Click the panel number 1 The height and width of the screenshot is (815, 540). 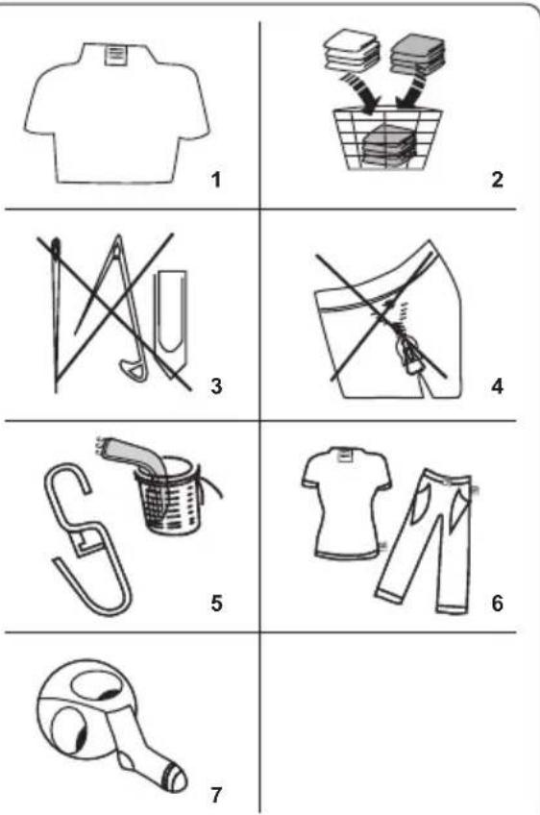pyautogui.click(x=215, y=180)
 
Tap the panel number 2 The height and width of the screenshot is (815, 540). pyautogui.click(x=497, y=180)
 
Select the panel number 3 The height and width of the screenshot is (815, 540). pyautogui.click(x=215, y=386)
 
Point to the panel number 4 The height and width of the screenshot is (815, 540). pyautogui.click(x=498, y=386)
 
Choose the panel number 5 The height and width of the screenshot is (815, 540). pyautogui.click(x=216, y=603)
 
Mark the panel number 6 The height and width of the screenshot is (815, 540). pyautogui.click(x=498, y=603)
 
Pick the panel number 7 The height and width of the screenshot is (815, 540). pyautogui.click(x=216, y=794)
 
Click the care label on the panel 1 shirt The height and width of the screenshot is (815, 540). pyautogui.click(x=115, y=55)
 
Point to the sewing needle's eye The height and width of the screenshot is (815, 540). pyautogui.click(x=56, y=248)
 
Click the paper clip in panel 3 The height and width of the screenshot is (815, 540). pyautogui.click(x=170, y=319)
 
